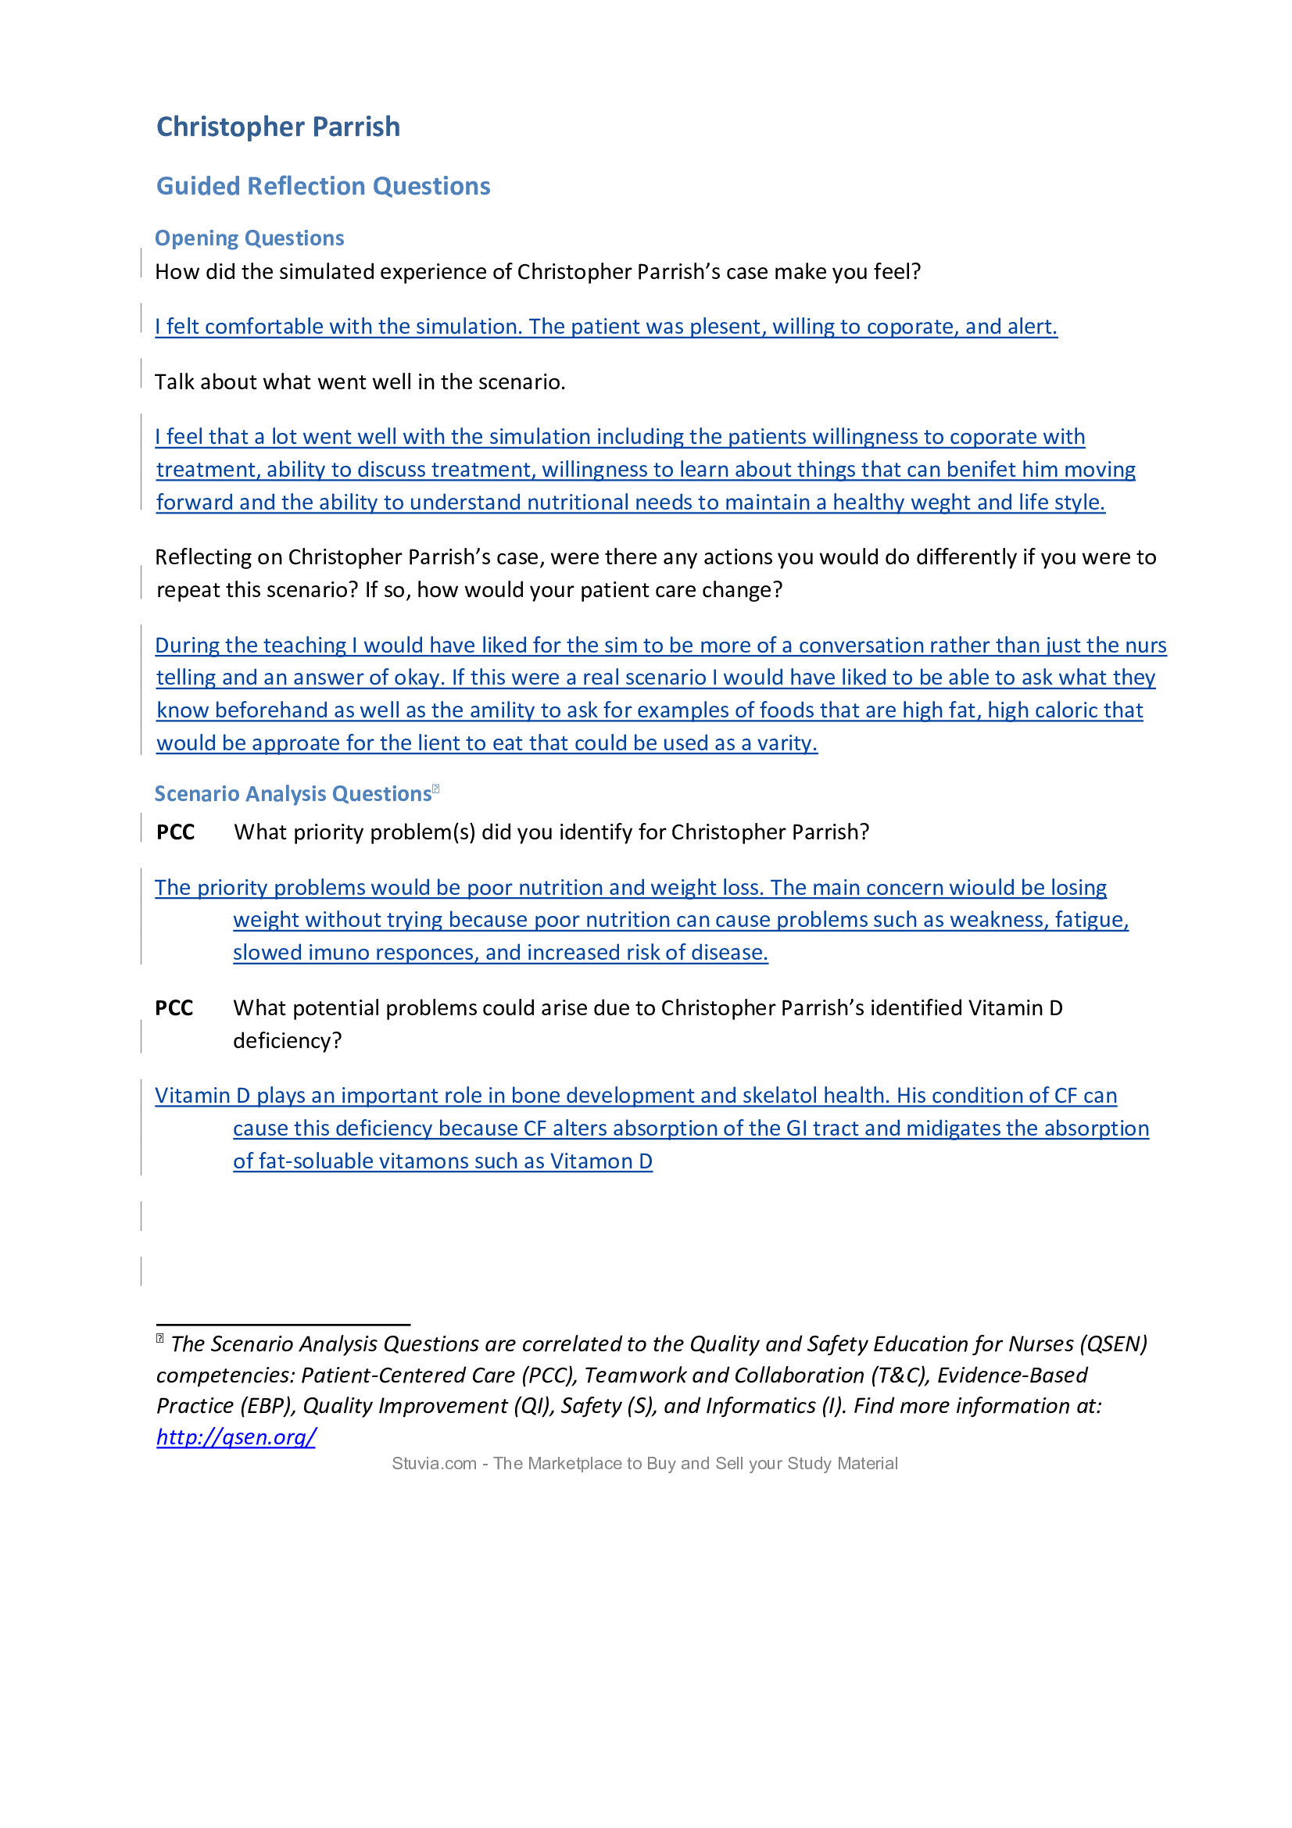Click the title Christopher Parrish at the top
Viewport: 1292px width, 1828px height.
click(x=277, y=127)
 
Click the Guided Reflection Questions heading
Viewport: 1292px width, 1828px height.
click(x=324, y=186)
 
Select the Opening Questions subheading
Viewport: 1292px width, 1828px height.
click(x=249, y=238)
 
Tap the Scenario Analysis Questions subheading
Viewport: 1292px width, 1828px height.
click(x=292, y=794)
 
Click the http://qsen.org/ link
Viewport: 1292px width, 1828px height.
click(x=235, y=1436)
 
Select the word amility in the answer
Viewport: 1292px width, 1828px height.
click(x=503, y=710)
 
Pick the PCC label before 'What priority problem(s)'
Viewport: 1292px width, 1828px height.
click(x=175, y=832)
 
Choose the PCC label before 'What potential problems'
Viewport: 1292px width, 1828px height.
click(x=174, y=1008)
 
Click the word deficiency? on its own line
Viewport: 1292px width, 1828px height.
click(x=287, y=1040)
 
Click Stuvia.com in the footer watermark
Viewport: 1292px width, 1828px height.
click(x=434, y=1463)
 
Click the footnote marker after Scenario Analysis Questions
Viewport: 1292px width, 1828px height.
click(x=435, y=789)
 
